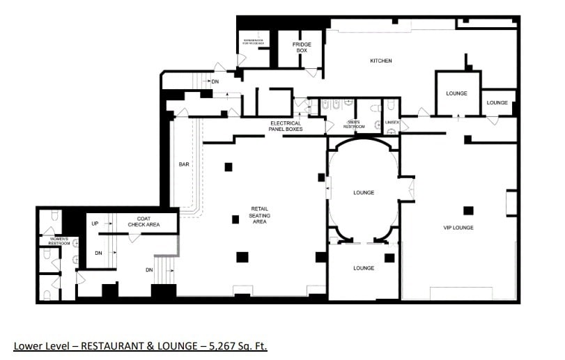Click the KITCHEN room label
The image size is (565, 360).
coord(380,61)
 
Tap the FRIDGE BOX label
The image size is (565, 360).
coord(301,47)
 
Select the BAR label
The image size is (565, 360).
coord(184,165)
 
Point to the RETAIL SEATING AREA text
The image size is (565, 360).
coord(260,215)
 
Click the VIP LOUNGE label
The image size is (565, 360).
coord(458,228)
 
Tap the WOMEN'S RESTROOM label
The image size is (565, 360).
coord(59,241)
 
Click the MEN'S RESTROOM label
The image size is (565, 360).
coord(354,125)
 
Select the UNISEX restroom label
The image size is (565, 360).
coord(392,123)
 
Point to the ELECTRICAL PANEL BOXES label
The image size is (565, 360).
coord(286,126)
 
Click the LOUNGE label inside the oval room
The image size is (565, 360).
coord(364,193)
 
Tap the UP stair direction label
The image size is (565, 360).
coord(95,224)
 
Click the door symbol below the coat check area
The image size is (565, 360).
coord(132,237)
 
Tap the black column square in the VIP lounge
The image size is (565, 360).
coord(468,210)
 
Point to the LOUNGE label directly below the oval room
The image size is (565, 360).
coord(364,268)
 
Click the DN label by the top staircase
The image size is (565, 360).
coord(215,82)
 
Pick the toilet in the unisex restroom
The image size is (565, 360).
coord(392,107)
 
